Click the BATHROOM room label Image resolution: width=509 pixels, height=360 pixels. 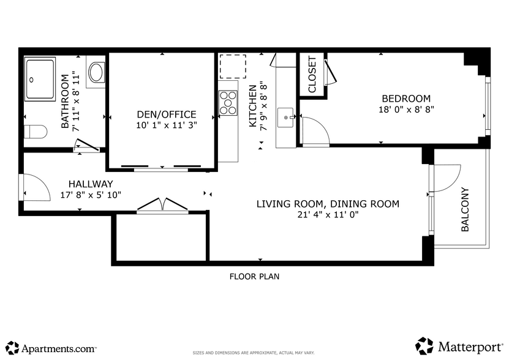[x=65, y=100]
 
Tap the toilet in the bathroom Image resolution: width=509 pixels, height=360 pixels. [x=36, y=131]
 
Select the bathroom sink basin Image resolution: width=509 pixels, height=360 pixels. [x=97, y=73]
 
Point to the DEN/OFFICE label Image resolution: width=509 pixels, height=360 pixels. [x=166, y=114]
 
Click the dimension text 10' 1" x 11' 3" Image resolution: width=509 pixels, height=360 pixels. [x=166, y=125]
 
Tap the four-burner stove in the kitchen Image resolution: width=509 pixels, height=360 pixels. [x=228, y=102]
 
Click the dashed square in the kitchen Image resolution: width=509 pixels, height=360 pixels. [x=233, y=66]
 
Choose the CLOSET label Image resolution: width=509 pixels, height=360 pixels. [x=312, y=75]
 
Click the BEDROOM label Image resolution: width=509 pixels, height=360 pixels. [x=405, y=99]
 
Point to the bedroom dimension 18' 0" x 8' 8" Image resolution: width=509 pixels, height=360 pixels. [x=405, y=109]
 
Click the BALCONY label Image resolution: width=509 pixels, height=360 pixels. [x=465, y=209]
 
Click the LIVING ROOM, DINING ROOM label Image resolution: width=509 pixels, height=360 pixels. [x=328, y=204]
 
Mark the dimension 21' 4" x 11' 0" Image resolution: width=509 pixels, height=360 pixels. [x=328, y=214]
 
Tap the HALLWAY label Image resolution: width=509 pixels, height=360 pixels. [x=91, y=184]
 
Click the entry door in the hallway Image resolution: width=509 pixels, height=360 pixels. [x=33, y=187]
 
